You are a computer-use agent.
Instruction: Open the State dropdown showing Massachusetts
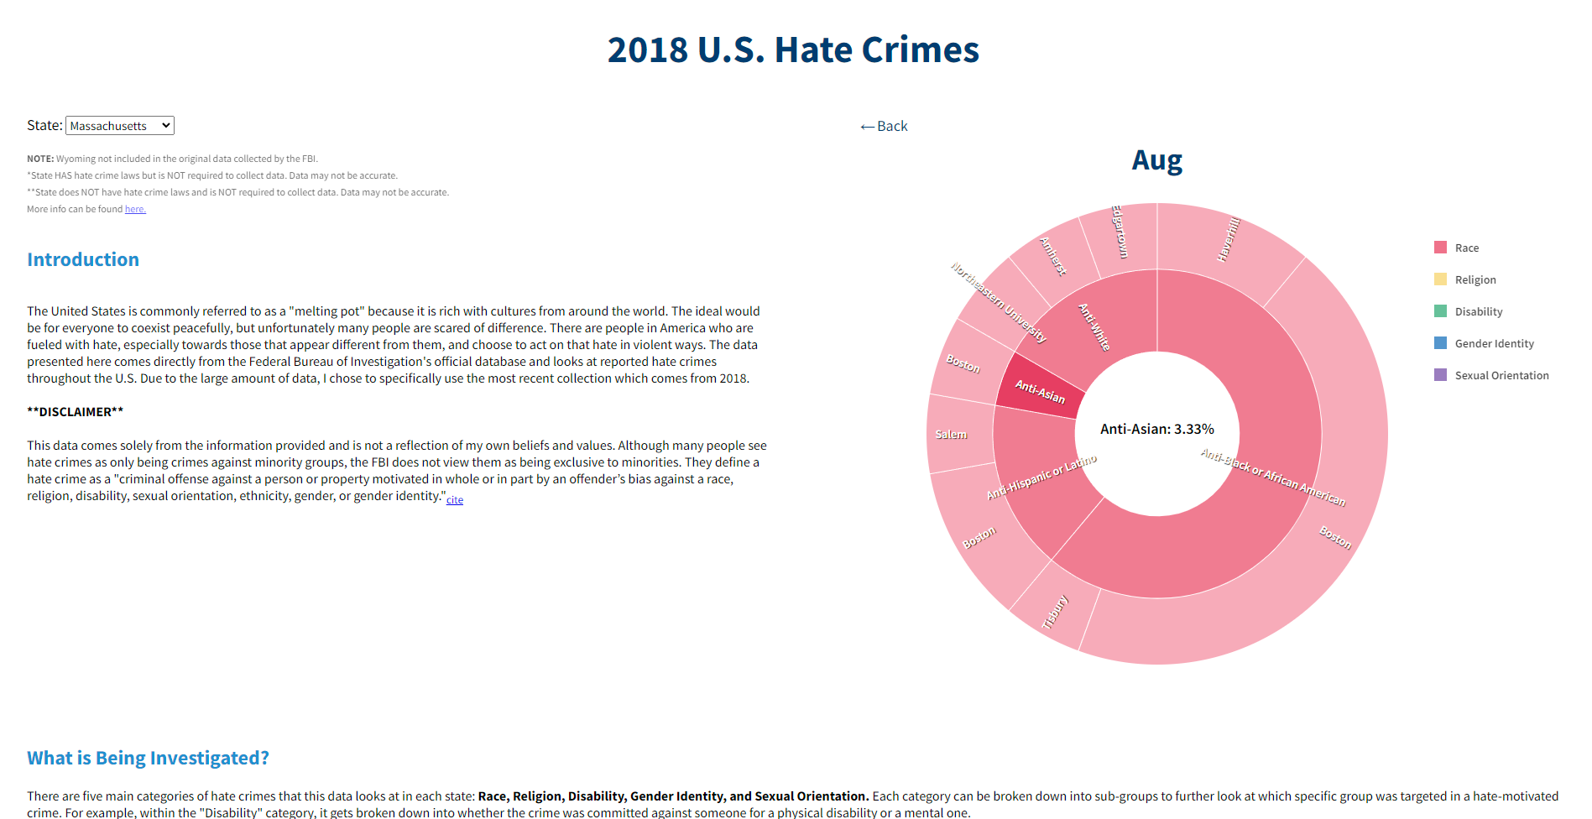[x=119, y=126]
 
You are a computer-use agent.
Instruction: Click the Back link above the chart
[x=884, y=126]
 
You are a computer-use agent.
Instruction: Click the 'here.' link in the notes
[x=135, y=209]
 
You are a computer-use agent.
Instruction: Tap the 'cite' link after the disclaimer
[x=454, y=499]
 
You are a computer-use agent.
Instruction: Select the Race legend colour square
[x=1440, y=248]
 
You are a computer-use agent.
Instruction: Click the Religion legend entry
[x=1475, y=279]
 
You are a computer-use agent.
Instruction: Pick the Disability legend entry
[x=1478, y=311]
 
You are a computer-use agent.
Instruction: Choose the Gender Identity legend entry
[x=1494, y=343]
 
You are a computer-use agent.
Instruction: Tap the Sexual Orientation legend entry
[x=1501, y=375]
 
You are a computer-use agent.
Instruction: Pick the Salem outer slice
[x=957, y=434]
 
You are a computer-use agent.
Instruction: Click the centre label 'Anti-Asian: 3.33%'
[x=1156, y=429]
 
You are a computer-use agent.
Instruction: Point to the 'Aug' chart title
[x=1156, y=159]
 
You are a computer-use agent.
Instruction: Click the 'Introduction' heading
[x=83, y=259]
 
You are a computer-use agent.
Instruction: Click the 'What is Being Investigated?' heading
[x=148, y=758]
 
